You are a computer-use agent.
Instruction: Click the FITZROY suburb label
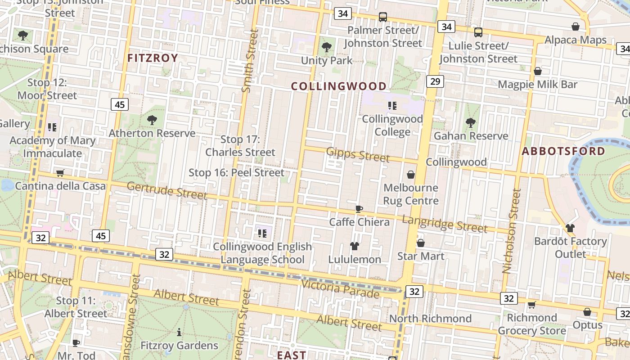(x=153, y=58)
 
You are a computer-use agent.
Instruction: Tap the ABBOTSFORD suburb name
(x=563, y=151)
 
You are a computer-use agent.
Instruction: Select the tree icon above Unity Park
(x=327, y=47)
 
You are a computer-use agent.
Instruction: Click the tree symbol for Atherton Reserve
(x=152, y=120)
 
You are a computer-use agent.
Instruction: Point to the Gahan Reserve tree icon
(x=471, y=122)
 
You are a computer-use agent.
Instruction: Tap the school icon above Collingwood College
(x=392, y=106)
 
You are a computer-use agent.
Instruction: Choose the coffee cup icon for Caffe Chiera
(x=359, y=209)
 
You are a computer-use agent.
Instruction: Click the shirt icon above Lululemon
(x=355, y=246)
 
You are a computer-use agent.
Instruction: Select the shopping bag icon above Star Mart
(x=421, y=243)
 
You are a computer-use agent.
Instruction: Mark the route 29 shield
(x=434, y=81)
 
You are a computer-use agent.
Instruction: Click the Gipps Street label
(x=358, y=154)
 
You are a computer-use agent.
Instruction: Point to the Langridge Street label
(x=444, y=224)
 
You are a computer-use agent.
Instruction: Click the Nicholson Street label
(x=512, y=231)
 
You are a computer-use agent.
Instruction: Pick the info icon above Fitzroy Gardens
(x=179, y=332)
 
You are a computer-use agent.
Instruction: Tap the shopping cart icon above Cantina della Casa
(x=60, y=173)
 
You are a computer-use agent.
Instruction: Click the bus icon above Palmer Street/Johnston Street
(x=383, y=17)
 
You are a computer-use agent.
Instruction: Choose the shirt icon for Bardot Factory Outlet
(x=570, y=228)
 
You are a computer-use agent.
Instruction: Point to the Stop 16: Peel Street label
(x=236, y=172)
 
